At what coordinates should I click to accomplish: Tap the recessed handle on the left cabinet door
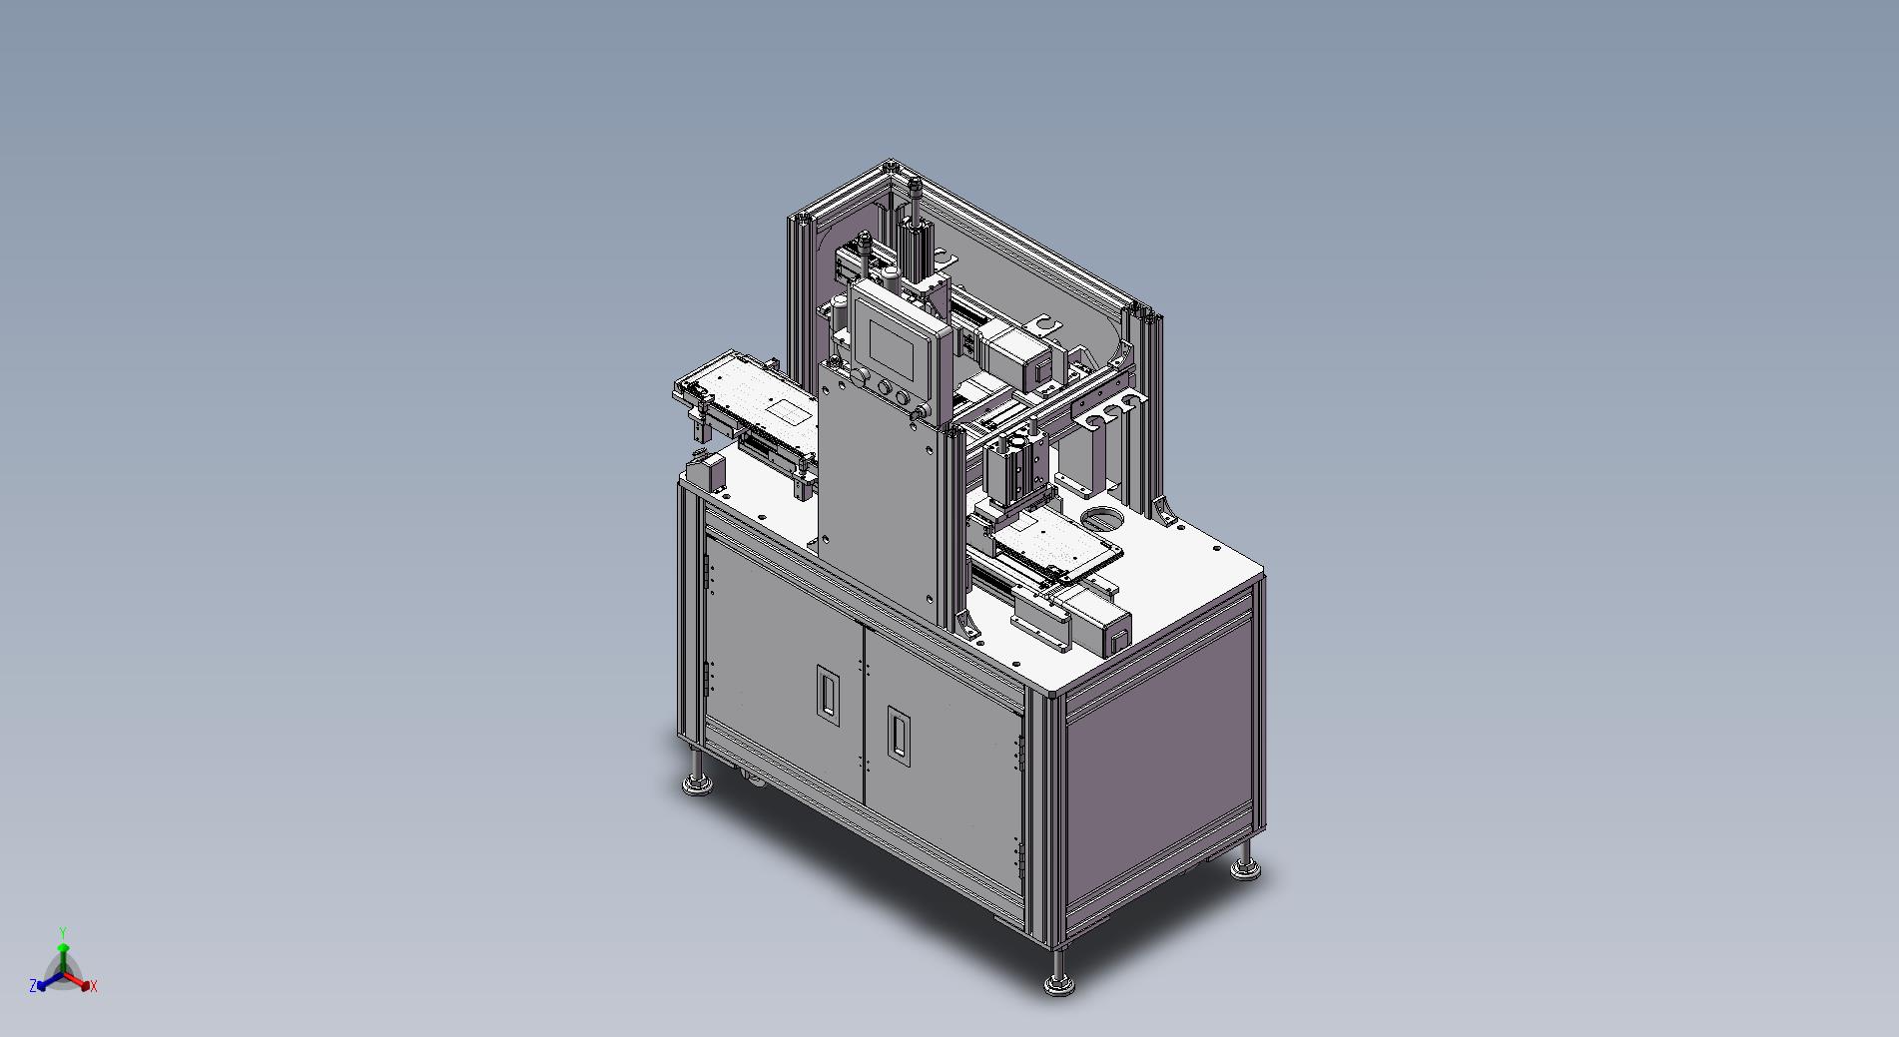click(827, 691)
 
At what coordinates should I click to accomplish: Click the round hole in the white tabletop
click(1101, 519)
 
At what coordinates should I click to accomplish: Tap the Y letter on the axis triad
click(62, 933)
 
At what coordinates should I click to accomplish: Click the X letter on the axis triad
click(94, 986)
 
